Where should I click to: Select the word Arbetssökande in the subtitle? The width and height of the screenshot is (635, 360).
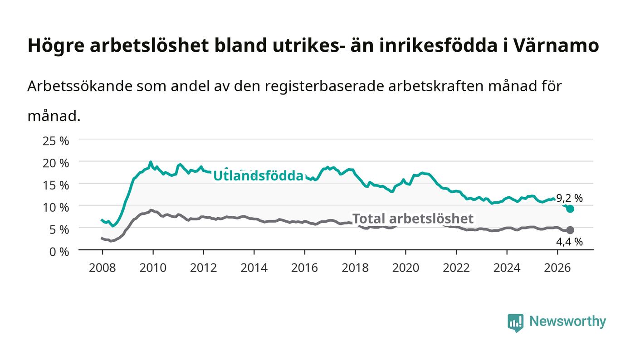[80, 86]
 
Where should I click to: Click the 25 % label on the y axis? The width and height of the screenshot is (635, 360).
[56, 141]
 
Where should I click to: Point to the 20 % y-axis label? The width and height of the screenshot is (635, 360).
[56, 163]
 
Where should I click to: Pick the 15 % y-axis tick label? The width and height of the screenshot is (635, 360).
[56, 185]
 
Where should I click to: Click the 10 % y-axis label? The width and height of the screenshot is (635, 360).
[56, 207]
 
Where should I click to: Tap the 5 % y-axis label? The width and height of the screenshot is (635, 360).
[59, 229]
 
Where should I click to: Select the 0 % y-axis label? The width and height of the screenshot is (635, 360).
[59, 252]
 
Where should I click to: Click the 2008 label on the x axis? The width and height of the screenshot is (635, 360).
[103, 268]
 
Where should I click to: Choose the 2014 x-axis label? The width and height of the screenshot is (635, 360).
[254, 268]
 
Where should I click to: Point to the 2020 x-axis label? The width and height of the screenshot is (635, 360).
[405, 268]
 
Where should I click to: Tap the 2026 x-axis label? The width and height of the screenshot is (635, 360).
[557, 268]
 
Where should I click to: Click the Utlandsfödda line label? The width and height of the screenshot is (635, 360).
[258, 175]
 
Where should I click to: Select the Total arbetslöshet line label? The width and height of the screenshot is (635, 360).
[413, 219]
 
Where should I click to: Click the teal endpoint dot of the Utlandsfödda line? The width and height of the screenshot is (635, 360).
[570, 209]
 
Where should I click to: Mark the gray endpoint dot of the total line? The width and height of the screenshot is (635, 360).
[570, 230]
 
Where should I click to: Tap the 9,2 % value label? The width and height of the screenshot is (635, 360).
[570, 198]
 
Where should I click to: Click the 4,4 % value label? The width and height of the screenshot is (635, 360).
[570, 242]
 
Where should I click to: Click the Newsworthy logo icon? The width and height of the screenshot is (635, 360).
[516, 323]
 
